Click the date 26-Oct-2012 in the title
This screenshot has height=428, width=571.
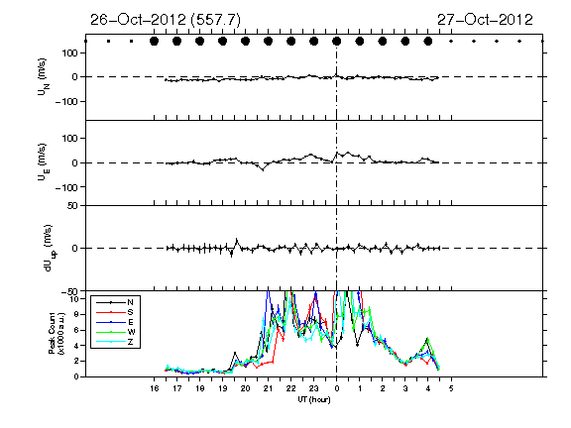(138, 20)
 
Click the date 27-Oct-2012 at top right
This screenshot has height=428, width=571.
(485, 20)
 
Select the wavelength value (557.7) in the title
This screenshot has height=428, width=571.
(215, 20)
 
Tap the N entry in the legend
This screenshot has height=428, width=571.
(130, 302)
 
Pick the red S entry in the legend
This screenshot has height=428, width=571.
(130, 312)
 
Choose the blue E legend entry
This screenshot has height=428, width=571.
(130, 322)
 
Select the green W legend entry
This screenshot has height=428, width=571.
(131, 332)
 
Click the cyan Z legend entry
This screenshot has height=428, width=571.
(130, 342)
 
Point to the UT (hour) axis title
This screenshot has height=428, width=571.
(314, 399)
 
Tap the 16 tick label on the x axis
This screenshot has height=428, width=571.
(154, 388)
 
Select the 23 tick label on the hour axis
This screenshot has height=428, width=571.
(314, 388)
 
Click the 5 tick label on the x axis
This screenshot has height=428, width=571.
(451, 388)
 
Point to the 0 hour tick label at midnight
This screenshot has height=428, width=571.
(337, 388)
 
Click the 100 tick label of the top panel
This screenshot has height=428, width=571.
(70, 53)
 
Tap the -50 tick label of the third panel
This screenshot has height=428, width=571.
(69, 291)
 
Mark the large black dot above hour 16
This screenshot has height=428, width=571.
(154, 42)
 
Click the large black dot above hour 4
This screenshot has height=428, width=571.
(428, 42)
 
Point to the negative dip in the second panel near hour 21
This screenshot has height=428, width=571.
(263, 168)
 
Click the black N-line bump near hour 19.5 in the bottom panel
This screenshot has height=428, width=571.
(235, 353)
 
